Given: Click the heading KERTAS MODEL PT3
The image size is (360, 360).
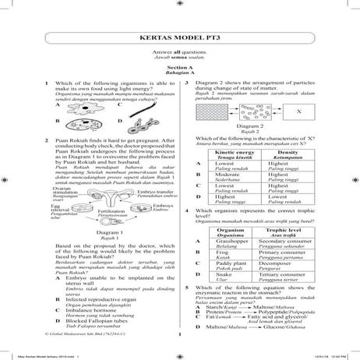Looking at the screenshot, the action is pos(179,37).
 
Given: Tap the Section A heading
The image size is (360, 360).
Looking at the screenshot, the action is pos(179,68).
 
